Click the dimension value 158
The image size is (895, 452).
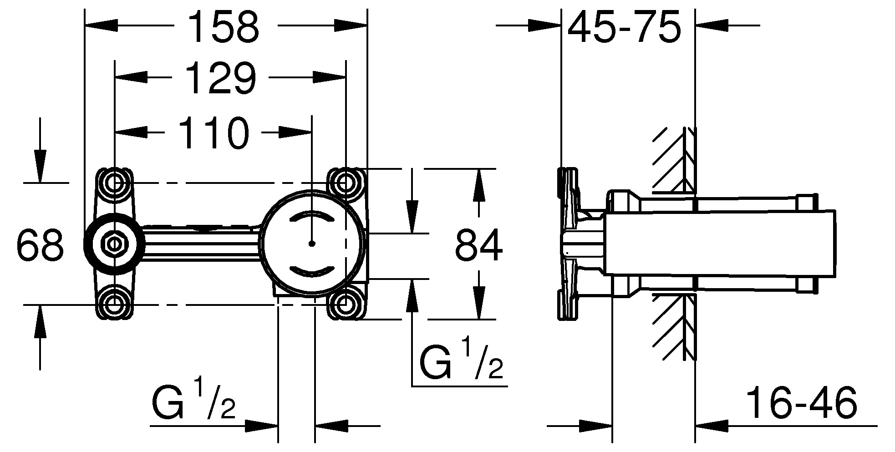(x=224, y=27)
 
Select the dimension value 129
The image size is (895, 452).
(x=222, y=78)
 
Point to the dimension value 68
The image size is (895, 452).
(x=40, y=245)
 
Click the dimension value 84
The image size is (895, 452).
(x=479, y=245)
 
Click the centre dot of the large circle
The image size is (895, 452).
(x=312, y=244)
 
